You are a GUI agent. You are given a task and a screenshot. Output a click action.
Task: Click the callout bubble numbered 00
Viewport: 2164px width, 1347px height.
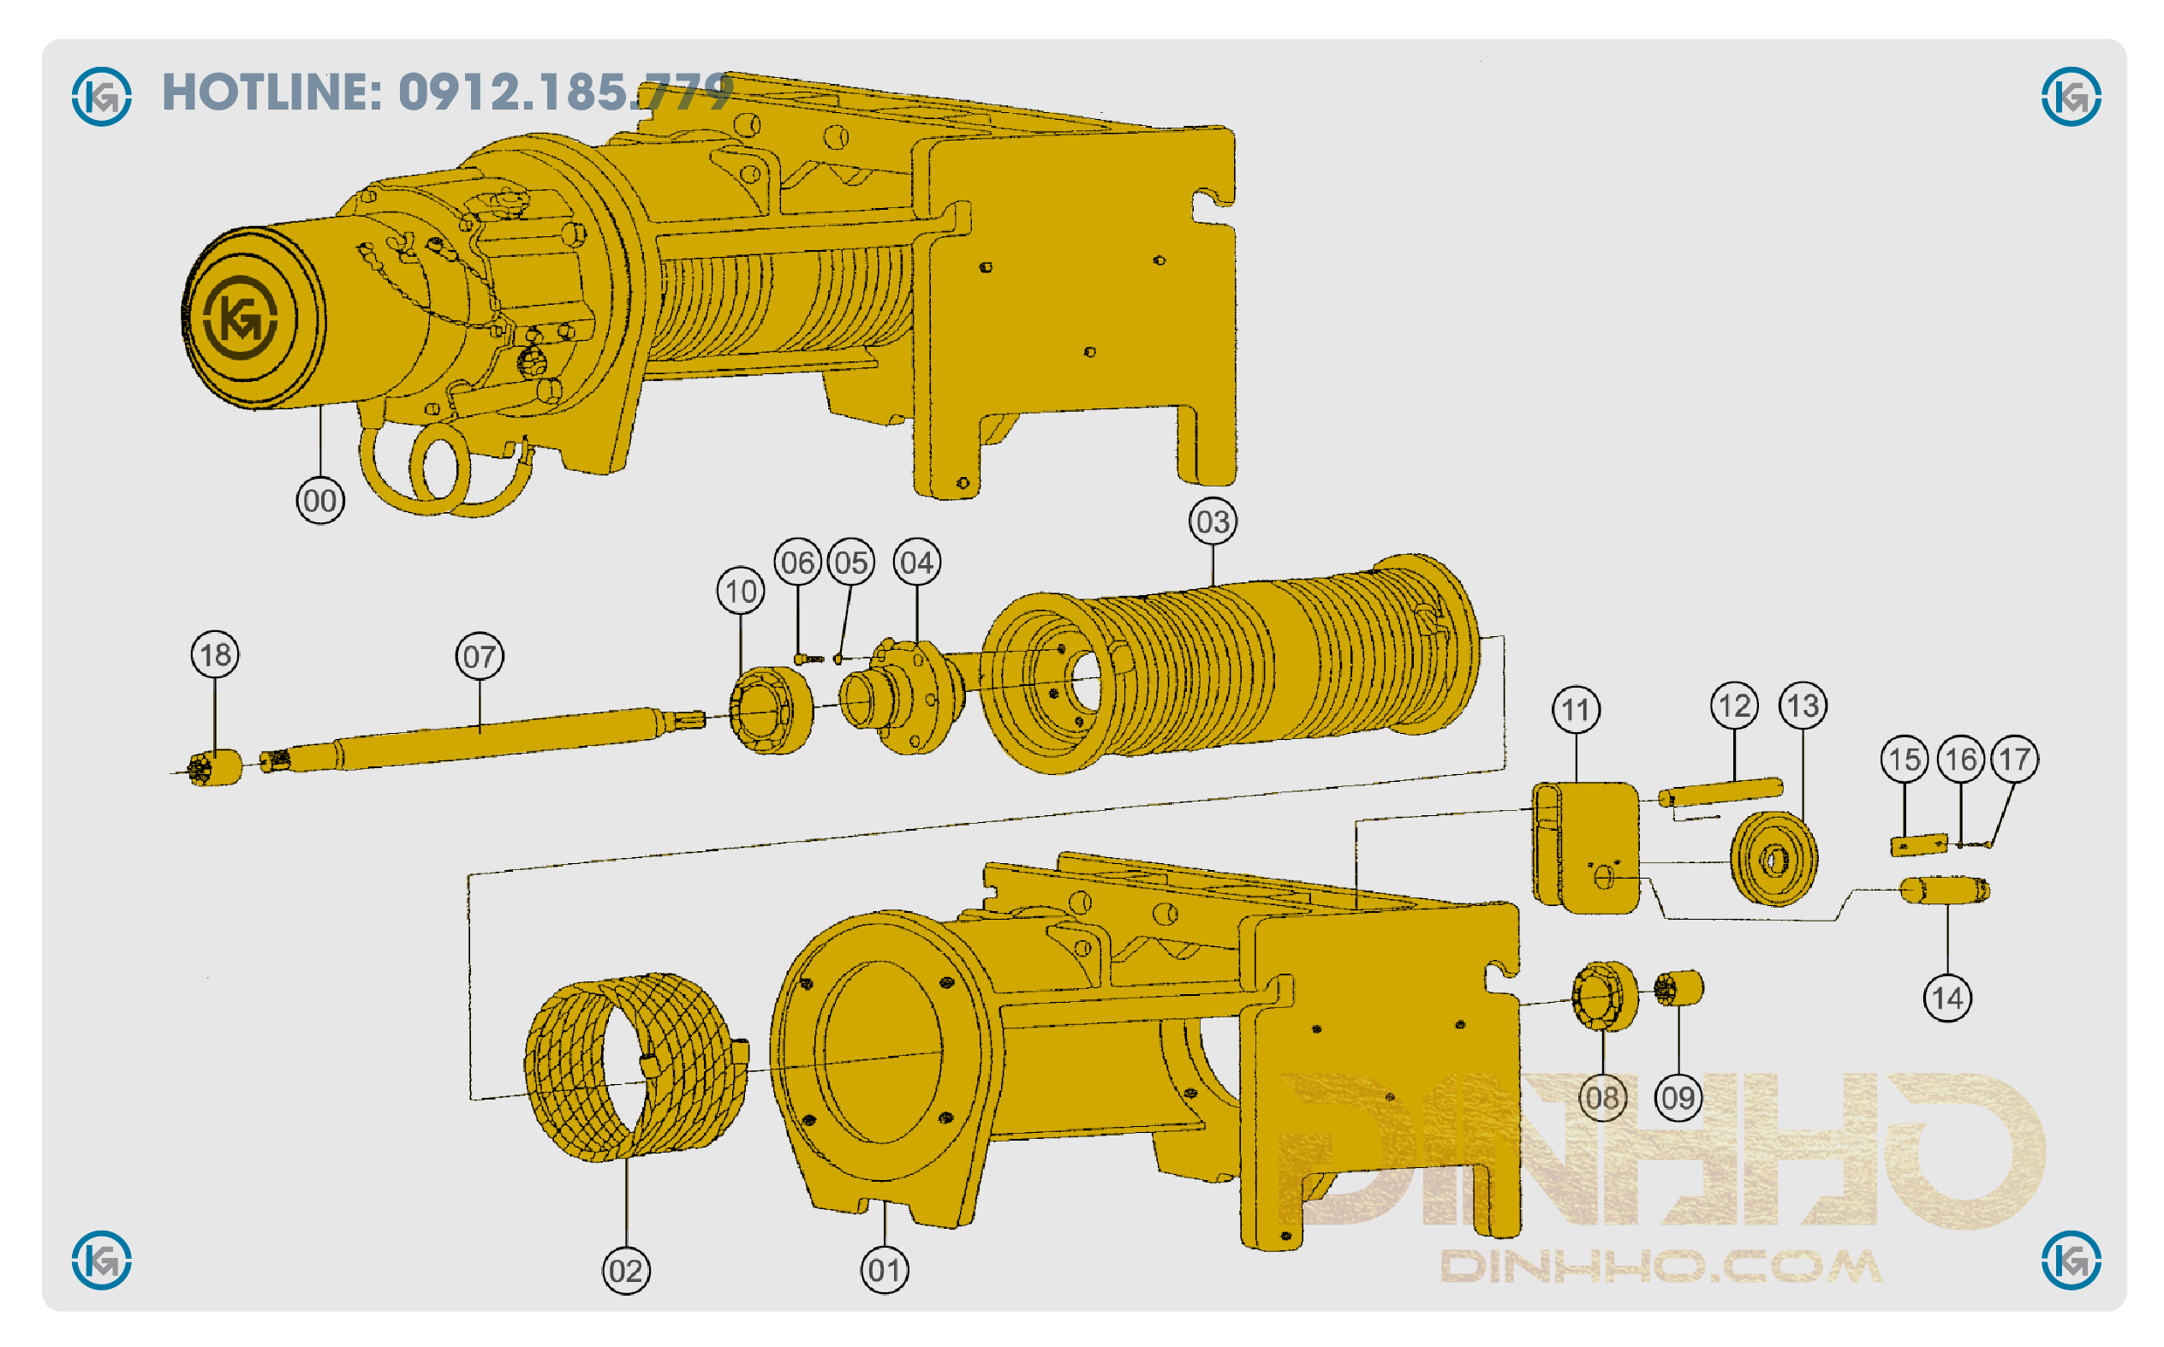319,501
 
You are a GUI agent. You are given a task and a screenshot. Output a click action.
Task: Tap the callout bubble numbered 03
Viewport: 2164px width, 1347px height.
1213,522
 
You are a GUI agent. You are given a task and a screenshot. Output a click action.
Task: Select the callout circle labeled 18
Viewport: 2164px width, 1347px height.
215,655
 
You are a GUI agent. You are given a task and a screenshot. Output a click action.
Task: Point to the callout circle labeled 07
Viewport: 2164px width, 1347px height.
480,657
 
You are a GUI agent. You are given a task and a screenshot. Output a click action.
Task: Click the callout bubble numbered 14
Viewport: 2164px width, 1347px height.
1946,998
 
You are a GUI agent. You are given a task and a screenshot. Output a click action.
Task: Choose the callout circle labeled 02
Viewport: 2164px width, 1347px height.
626,1271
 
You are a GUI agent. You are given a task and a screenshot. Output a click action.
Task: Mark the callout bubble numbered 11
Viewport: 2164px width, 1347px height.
1576,710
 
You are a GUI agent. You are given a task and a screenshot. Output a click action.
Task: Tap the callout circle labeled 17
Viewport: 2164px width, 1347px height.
2014,759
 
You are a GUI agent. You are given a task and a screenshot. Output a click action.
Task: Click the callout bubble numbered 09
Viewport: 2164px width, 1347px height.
1678,1098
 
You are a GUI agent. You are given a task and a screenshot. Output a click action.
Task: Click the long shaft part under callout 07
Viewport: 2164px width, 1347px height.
481,739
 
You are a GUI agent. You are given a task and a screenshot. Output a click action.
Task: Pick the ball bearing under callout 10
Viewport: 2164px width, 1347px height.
771,710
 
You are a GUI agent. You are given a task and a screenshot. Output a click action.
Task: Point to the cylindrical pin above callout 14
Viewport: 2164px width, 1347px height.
1944,890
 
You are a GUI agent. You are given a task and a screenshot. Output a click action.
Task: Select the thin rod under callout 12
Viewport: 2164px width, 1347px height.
1720,791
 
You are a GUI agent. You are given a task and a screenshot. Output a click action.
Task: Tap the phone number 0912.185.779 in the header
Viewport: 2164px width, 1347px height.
565,92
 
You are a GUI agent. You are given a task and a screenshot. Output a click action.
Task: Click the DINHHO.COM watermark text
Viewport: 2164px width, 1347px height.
1660,1266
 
